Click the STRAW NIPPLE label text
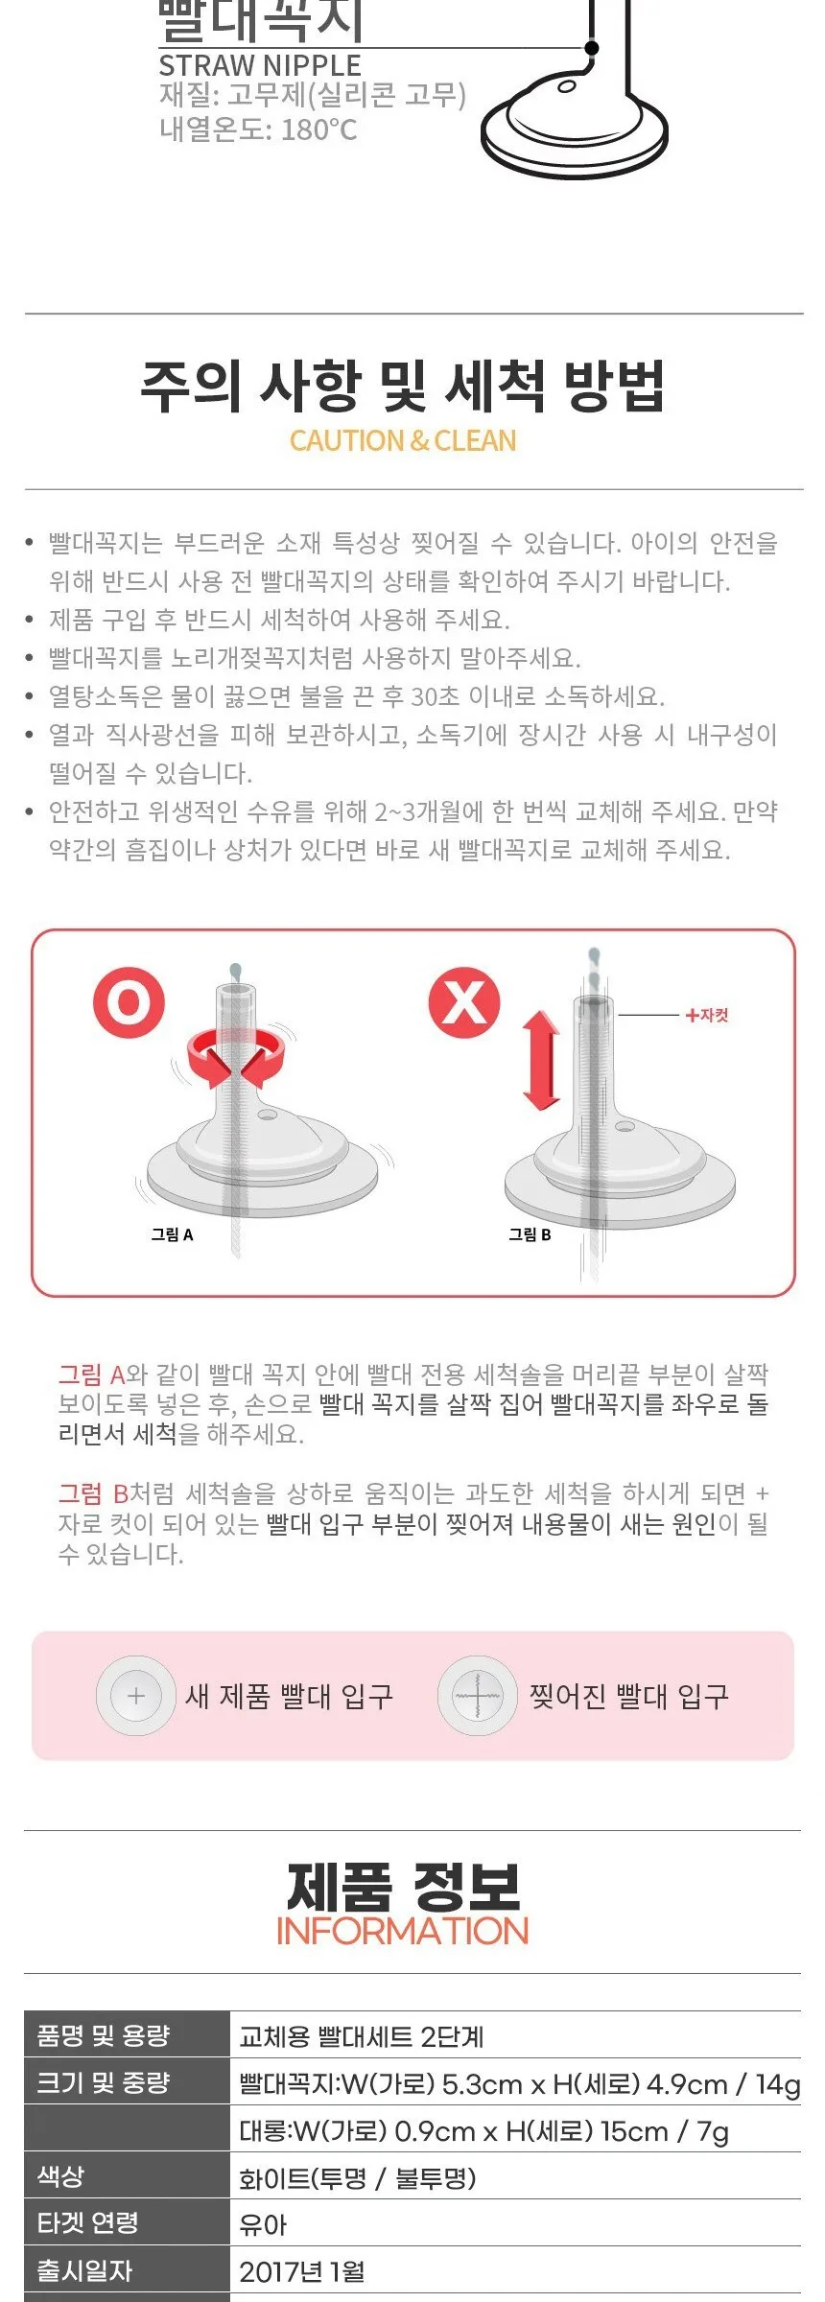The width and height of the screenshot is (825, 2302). click(x=260, y=65)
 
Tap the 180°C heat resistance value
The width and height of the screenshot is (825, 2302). click(x=318, y=129)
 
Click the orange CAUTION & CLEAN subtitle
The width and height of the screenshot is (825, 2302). click(x=403, y=440)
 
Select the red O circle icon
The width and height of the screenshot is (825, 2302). click(x=129, y=1002)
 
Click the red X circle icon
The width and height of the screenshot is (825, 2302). click(x=464, y=1002)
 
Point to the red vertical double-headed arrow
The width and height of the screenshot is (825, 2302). click(x=541, y=1060)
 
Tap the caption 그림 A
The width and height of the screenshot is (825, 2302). click(x=173, y=1234)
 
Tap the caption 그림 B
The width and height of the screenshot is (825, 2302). click(x=530, y=1234)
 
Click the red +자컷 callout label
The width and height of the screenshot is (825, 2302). click(x=706, y=1015)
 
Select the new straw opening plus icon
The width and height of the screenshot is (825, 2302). click(x=135, y=1696)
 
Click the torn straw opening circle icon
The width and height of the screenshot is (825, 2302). click(x=477, y=1696)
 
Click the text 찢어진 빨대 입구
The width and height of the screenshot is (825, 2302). click(x=629, y=1696)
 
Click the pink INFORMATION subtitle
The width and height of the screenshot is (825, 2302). click(x=403, y=1931)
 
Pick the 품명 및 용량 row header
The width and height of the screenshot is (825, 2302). click(x=104, y=2034)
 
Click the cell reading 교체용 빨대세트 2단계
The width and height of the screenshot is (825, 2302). click(x=362, y=2035)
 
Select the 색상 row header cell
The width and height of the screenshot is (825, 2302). click(x=60, y=2175)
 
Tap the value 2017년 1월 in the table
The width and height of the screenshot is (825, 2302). click(x=302, y=2271)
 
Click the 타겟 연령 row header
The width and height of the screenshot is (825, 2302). click(x=87, y=2222)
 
